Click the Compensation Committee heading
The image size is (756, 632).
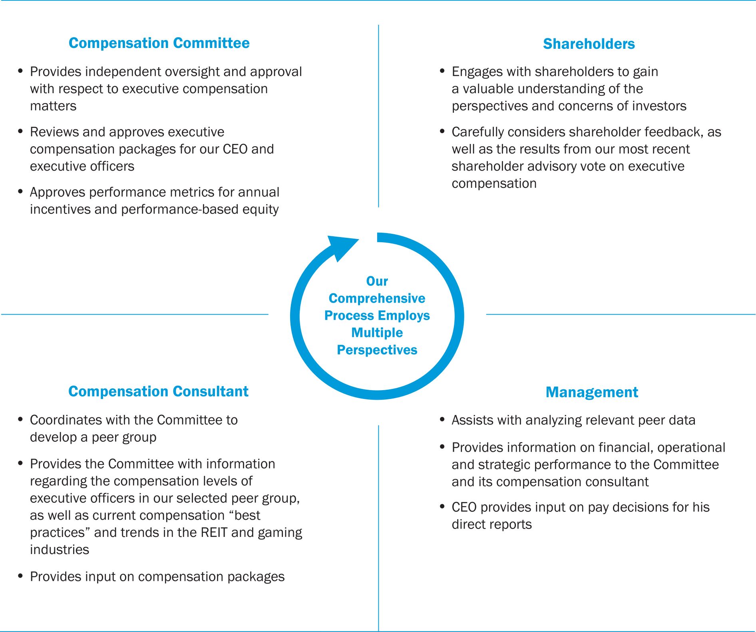[159, 43]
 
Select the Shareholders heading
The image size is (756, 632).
[589, 44]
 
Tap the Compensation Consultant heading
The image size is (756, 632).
[158, 391]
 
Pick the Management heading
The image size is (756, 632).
[592, 392]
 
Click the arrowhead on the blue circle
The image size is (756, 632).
[341, 247]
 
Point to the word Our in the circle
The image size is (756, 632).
[377, 281]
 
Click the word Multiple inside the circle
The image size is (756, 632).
[377, 333]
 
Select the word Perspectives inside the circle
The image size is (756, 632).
[377, 350]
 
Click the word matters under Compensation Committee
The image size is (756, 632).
[53, 106]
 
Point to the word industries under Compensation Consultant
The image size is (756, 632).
[60, 550]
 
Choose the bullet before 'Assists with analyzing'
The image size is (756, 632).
[442, 419]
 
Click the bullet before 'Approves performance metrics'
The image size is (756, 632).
[20, 191]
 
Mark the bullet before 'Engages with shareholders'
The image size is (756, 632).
[442, 71]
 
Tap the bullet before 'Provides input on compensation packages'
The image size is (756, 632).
[20, 576]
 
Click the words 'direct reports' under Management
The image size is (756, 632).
[491, 524]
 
